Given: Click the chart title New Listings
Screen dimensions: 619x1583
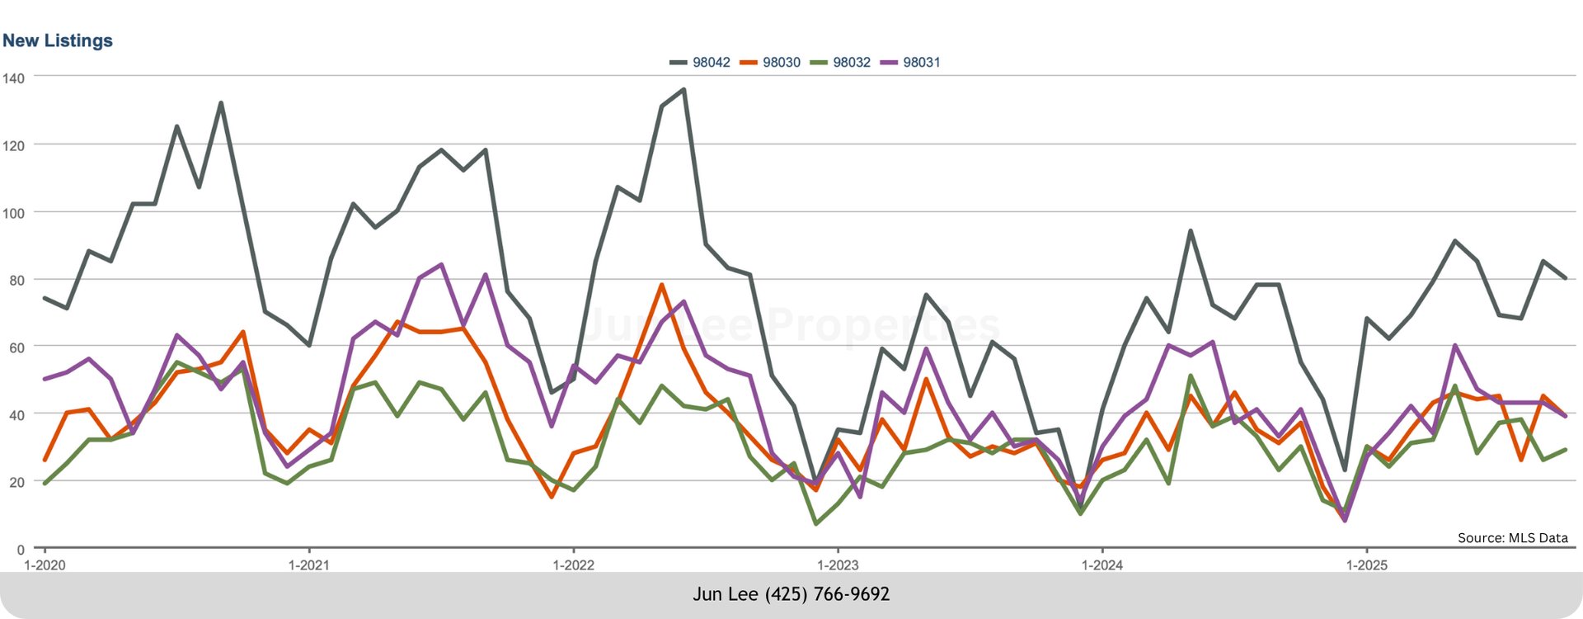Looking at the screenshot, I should click(x=58, y=40).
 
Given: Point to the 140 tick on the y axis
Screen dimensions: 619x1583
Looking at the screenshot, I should click(x=14, y=78).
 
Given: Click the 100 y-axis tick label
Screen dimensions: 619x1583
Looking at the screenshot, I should click(x=14, y=213).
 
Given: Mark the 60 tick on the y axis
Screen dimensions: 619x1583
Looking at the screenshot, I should click(x=16, y=347).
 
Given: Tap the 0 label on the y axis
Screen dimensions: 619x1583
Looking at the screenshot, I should click(x=21, y=550).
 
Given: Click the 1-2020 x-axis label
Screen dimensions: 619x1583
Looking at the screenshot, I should click(x=45, y=565).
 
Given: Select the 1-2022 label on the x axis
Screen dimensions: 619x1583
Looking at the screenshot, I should click(x=573, y=565).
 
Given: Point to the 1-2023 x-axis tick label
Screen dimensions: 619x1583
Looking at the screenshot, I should click(x=838, y=565).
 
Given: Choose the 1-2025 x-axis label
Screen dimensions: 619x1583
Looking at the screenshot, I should click(x=1366, y=565).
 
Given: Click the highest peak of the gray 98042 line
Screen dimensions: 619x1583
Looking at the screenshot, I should click(x=683, y=90).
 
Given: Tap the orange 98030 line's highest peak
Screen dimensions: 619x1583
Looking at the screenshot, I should click(x=661, y=285).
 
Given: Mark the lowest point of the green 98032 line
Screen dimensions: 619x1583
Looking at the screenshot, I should click(x=815, y=524).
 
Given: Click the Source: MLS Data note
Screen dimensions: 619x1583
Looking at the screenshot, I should click(x=1512, y=538).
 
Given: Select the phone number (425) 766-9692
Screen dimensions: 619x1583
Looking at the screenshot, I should click(x=827, y=594).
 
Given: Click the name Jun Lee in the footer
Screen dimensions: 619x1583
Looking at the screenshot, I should click(x=725, y=594).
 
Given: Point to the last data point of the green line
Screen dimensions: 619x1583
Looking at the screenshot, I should click(x=1565, y=450).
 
